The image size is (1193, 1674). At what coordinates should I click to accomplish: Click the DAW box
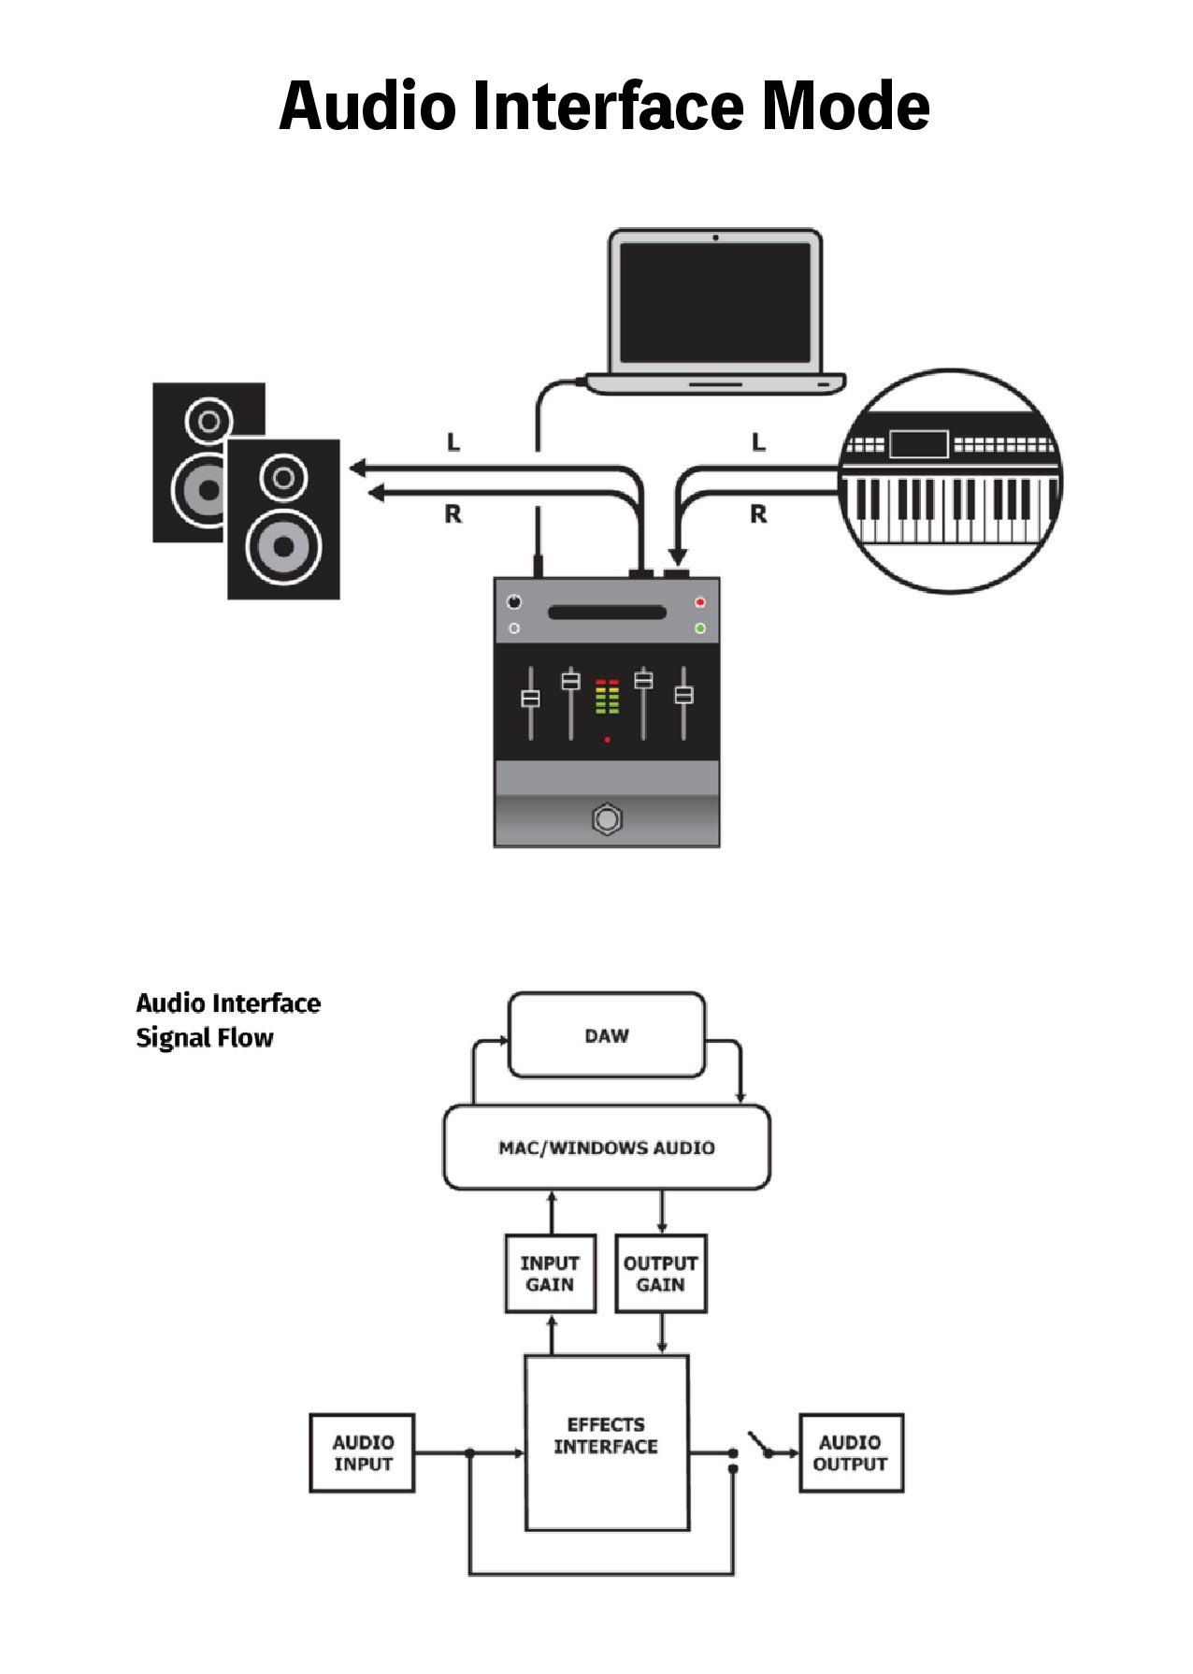pyautogui.click(x=606, y=1035)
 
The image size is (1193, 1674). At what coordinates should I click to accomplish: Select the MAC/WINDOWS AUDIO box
pyautogui.click(x=606, y=1147)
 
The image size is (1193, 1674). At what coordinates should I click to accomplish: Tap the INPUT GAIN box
pyautogui.click(x=550, y=1274)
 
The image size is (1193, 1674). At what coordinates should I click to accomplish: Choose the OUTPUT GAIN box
pyautogui.click(x=660, y=1274)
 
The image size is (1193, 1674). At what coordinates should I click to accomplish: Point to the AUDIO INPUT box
pyautogui.click(x=362, y=1452)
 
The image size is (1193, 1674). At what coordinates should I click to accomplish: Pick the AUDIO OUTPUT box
pyautogui.click(x=851, y=1452)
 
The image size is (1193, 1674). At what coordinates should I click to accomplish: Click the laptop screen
pyautogui.click(x=715, y=302)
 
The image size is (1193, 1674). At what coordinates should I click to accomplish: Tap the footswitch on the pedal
pyautogui.click(x=607, y=819)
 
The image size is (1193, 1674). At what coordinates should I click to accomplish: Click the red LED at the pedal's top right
pyautogui.click(x=699, y=602)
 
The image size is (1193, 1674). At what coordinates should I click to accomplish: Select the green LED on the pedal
pyautogui.click(x=699, y=628)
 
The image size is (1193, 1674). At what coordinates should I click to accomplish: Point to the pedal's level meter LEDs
pyautogui.click(x=607, y=698)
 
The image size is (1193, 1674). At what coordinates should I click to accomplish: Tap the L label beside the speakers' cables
pyautogui.click(x=453, y=441)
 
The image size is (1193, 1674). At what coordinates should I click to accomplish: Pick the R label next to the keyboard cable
pyautogui.click(x=758, y=513)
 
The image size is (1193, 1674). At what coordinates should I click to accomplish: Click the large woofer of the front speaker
pyautogui.click(x=283, y=546)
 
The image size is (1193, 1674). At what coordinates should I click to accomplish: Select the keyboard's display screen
pyautogui.click(x=918, y=444)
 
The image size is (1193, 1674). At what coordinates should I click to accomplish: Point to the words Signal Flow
pyautogui.click(x=205, y=1037)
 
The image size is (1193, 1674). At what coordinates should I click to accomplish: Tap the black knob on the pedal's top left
pyautogui.click(x=513, y=601)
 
